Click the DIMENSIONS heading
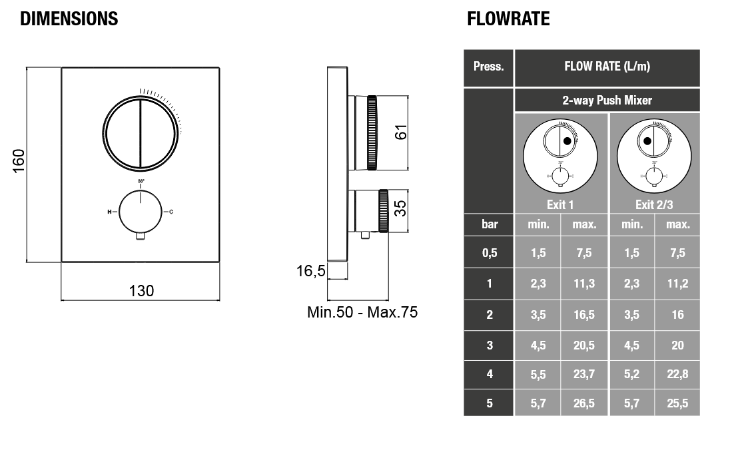tap(69, 19)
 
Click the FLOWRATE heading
tap(508, 19)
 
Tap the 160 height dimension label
tap(18, 161)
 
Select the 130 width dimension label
tap(141, 291)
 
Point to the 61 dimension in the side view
tap(400, 132)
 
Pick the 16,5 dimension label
tap(311, 271)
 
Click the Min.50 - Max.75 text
tap(362, 312)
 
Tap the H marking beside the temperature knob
tap(110, 212)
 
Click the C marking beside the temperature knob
tap(171, 212)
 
